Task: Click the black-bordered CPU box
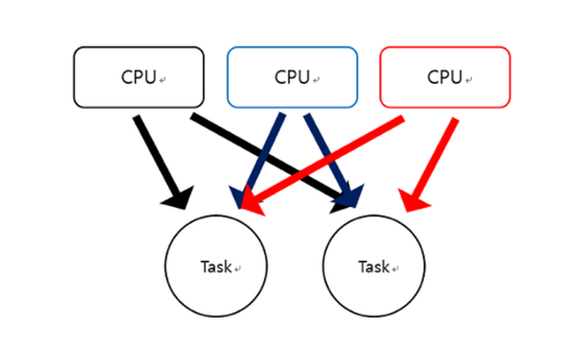coord(138,77)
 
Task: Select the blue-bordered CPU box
coord(292,77)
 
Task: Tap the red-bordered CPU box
coord(445,77)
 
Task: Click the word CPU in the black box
coord(138,78)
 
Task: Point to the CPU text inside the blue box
coord(292,78)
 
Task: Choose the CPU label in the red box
coord(444,78)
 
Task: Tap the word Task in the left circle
coord(216,267)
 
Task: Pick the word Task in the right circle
coord(374,267)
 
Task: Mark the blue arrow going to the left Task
coord(264,154)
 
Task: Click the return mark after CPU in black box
coord(162,80)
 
